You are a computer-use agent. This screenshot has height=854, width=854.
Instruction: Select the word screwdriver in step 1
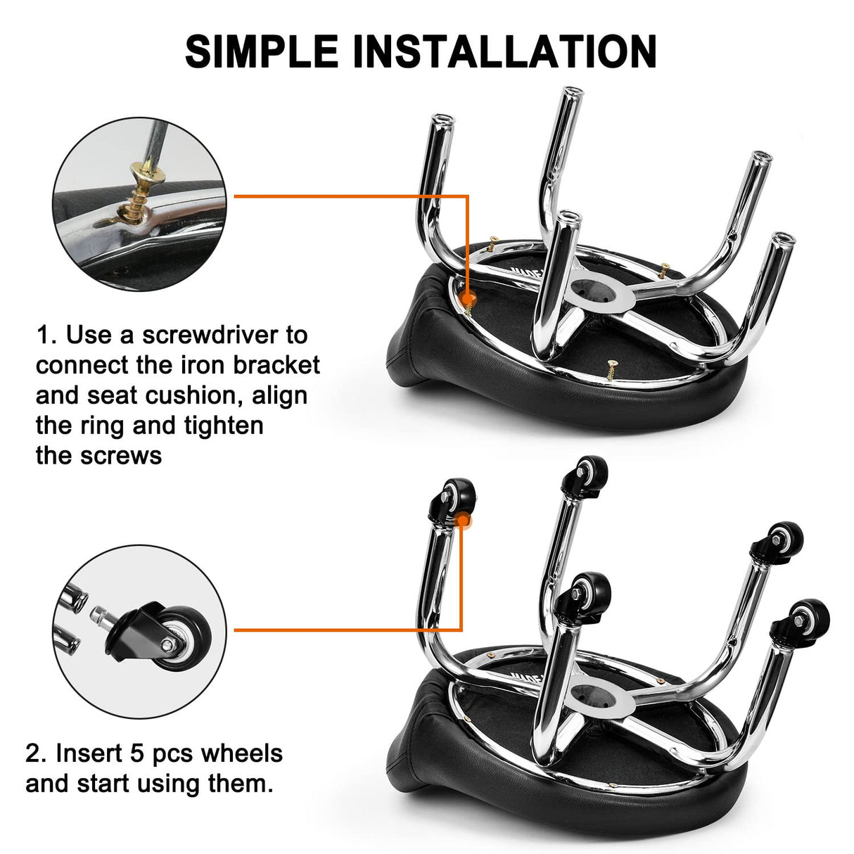click(x=224, y=335)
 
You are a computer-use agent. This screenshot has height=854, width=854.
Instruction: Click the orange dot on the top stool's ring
click(x=468, y=299)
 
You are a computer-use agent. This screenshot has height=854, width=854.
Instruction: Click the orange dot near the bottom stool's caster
click(x=462, y=521)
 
